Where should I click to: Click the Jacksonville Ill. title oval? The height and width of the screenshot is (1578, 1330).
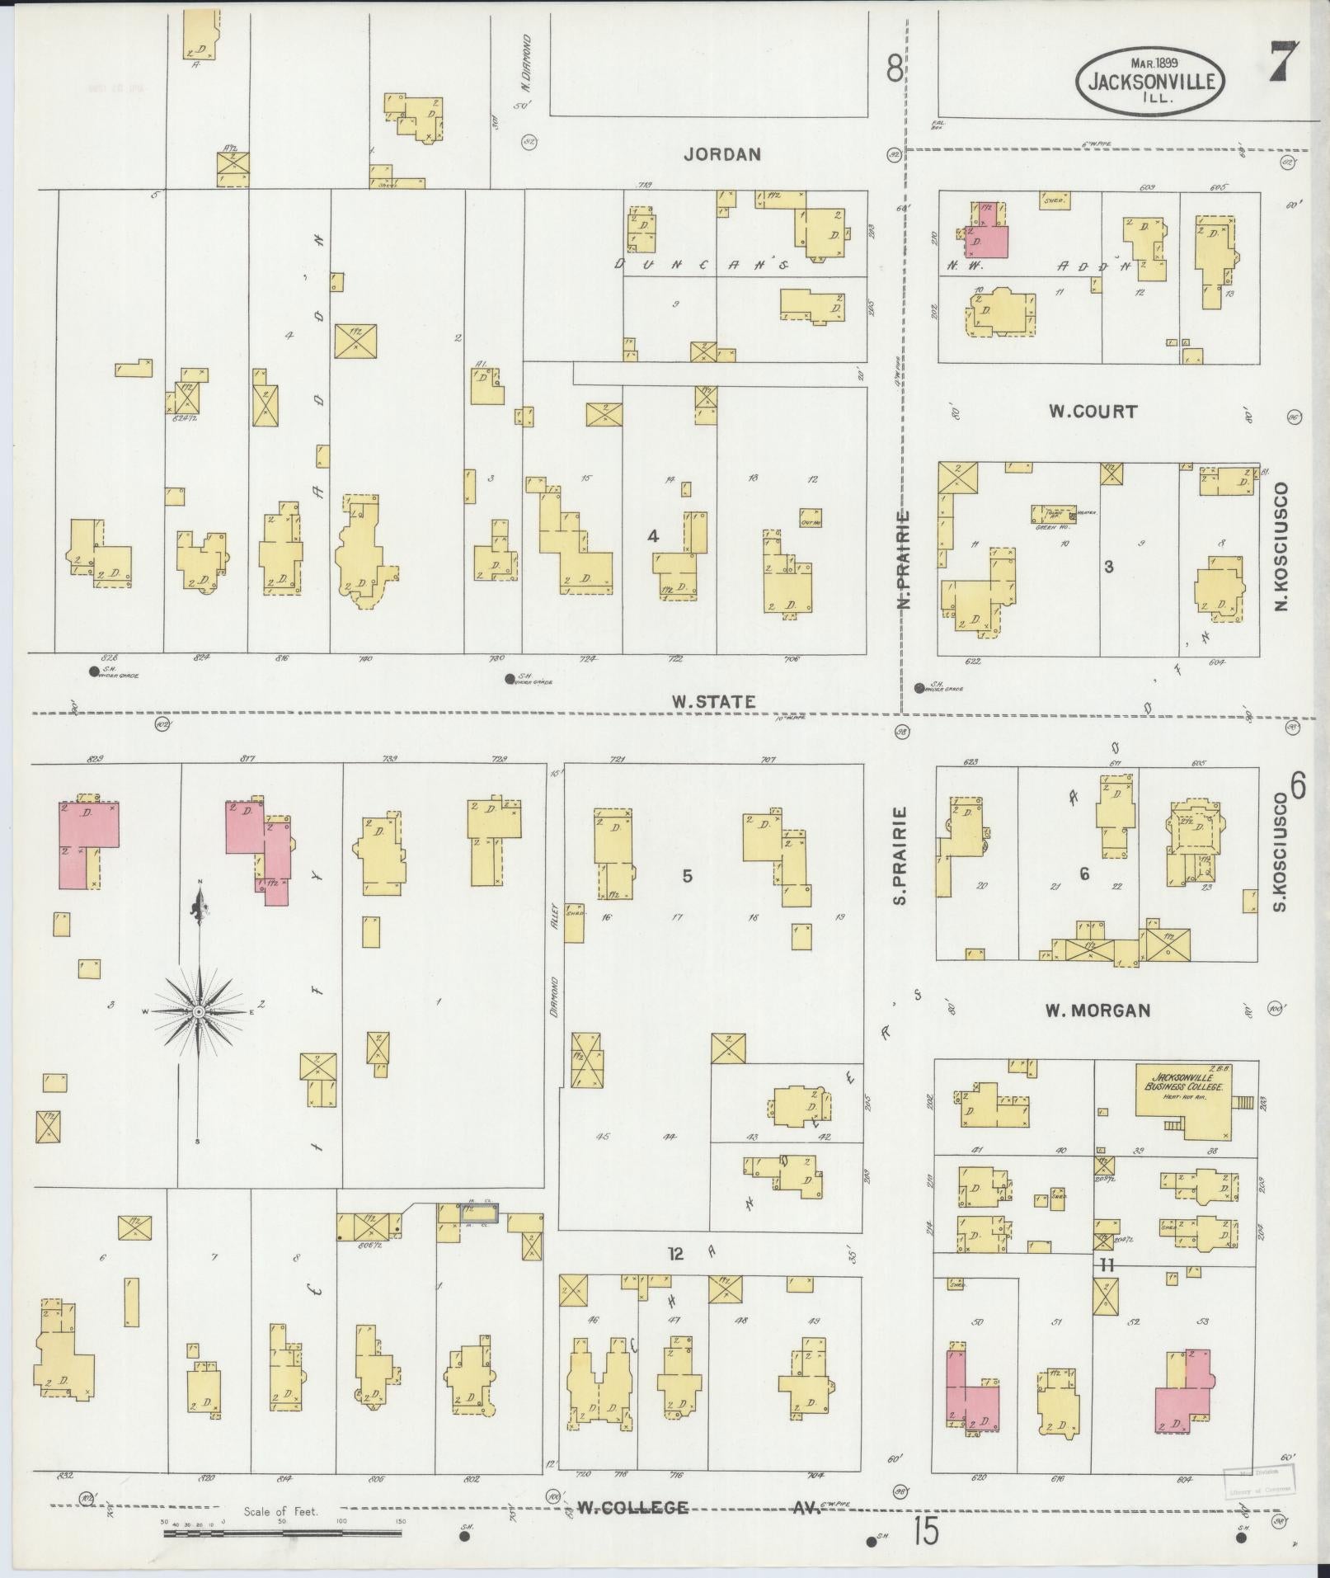tap(1149, 80)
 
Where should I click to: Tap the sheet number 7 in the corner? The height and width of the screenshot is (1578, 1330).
tap(1284, 62)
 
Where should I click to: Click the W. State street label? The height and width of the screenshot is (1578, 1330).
tap(713, 702)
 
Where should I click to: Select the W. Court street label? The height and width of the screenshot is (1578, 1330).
tap(1093, 411)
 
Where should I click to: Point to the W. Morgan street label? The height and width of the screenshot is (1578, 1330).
tap(1097, 1010)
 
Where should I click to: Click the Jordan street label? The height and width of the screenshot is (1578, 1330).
tap(721, 153)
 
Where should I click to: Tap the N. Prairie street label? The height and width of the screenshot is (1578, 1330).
tap(905, 559)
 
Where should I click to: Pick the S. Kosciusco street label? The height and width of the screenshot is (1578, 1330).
tap(1281, 854)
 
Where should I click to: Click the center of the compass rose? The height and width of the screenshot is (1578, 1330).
tap(198, 1010)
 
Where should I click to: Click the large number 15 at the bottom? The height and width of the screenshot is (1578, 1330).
tap(925, 1533)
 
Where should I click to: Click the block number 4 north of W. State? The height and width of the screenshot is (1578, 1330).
tap(653, 536)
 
